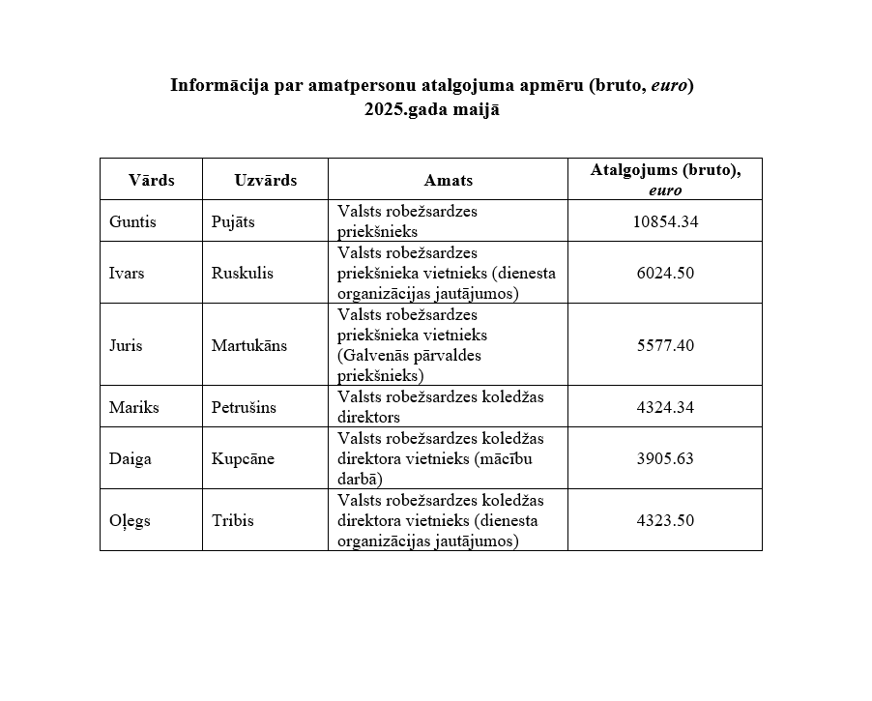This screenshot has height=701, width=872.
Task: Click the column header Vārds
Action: (x=152, y=180)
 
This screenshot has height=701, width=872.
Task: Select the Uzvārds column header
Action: (x=265, y=180)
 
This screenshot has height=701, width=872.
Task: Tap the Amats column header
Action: (x=448, y=180)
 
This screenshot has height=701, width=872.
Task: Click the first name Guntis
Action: (x=132, y=221)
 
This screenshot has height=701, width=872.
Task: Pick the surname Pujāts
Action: (x=233, y=221)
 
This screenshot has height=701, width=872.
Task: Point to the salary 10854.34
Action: (x=665, y=221)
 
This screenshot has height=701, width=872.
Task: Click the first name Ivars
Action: (x=127, y=273)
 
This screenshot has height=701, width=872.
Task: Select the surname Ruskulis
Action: (x=242, y=273)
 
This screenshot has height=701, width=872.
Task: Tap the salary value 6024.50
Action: (x=665, y=273)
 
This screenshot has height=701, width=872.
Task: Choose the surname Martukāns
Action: (x=249, y=345)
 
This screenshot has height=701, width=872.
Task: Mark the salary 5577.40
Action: (x=665, y=345)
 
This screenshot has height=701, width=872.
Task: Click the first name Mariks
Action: (x=133, y=407)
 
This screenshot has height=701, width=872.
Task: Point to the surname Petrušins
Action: (x=244, y=407)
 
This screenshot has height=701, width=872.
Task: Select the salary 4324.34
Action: (x=665, y=407)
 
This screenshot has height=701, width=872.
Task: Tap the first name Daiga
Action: (x=131, y=458)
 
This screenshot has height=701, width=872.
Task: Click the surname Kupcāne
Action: (x=243, y=458)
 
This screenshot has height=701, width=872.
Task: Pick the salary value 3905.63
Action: (x=665, y=458)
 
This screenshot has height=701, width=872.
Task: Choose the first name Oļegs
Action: (x=130, y=520)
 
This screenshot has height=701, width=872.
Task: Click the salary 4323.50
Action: (x=665, y=520)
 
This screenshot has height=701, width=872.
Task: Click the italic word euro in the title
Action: (x=668, y=85)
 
